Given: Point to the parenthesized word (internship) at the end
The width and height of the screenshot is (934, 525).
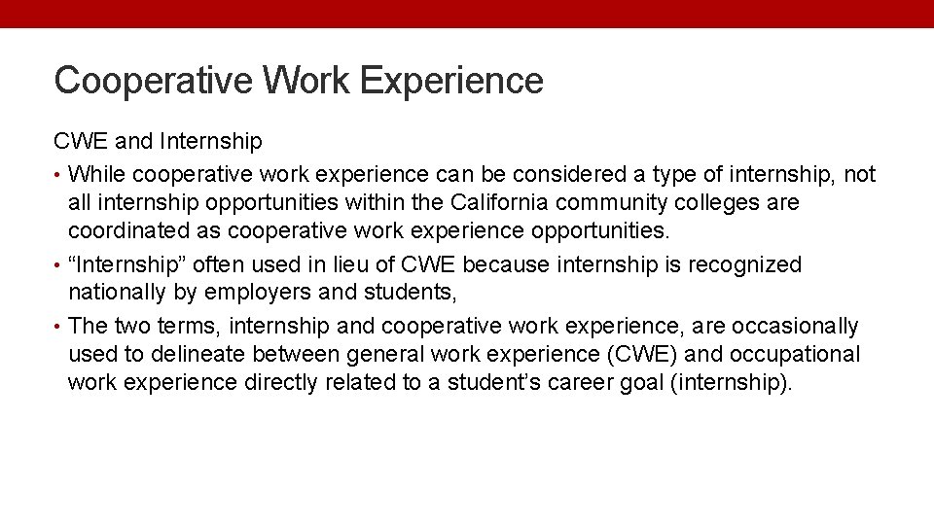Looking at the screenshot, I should click(732, 382).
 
